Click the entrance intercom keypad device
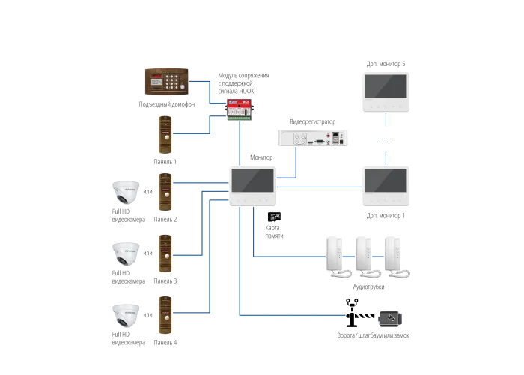pyautogui.click(x=166, y=82)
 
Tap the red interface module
pyautogui.click(x=240, y=109)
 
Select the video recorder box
pyautogui.click(x=312, y=138)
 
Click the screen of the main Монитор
pyautogui.click(x=253, y=181)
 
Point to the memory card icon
pyautogui.click(x=275, y=217)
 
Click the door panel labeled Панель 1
pyautogui.click(x=165, y=134)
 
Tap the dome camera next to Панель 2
pyautogui.click(x=126, y=192)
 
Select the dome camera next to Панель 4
pyautogui.click(x=126, y=315)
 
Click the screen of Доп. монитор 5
pyautogui.click(x=386, y=86)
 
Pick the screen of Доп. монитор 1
pyautogui.click(x=386, y=181)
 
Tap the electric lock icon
pyautogui.click(x=390, y=319)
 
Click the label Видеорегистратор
pyautogui.click(x=312, y=121)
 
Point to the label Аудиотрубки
pyautogui.click(x=368, y=286)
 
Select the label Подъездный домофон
pyautogui.click(x=167, y=104)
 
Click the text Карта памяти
pyautogui.click(x=274, y=232)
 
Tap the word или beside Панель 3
pyautogui.click(x=147, y=253)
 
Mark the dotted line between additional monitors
pyautogui.click(x=386, y=139)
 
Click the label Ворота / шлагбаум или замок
pyautogui.click(x=373, y=335)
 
